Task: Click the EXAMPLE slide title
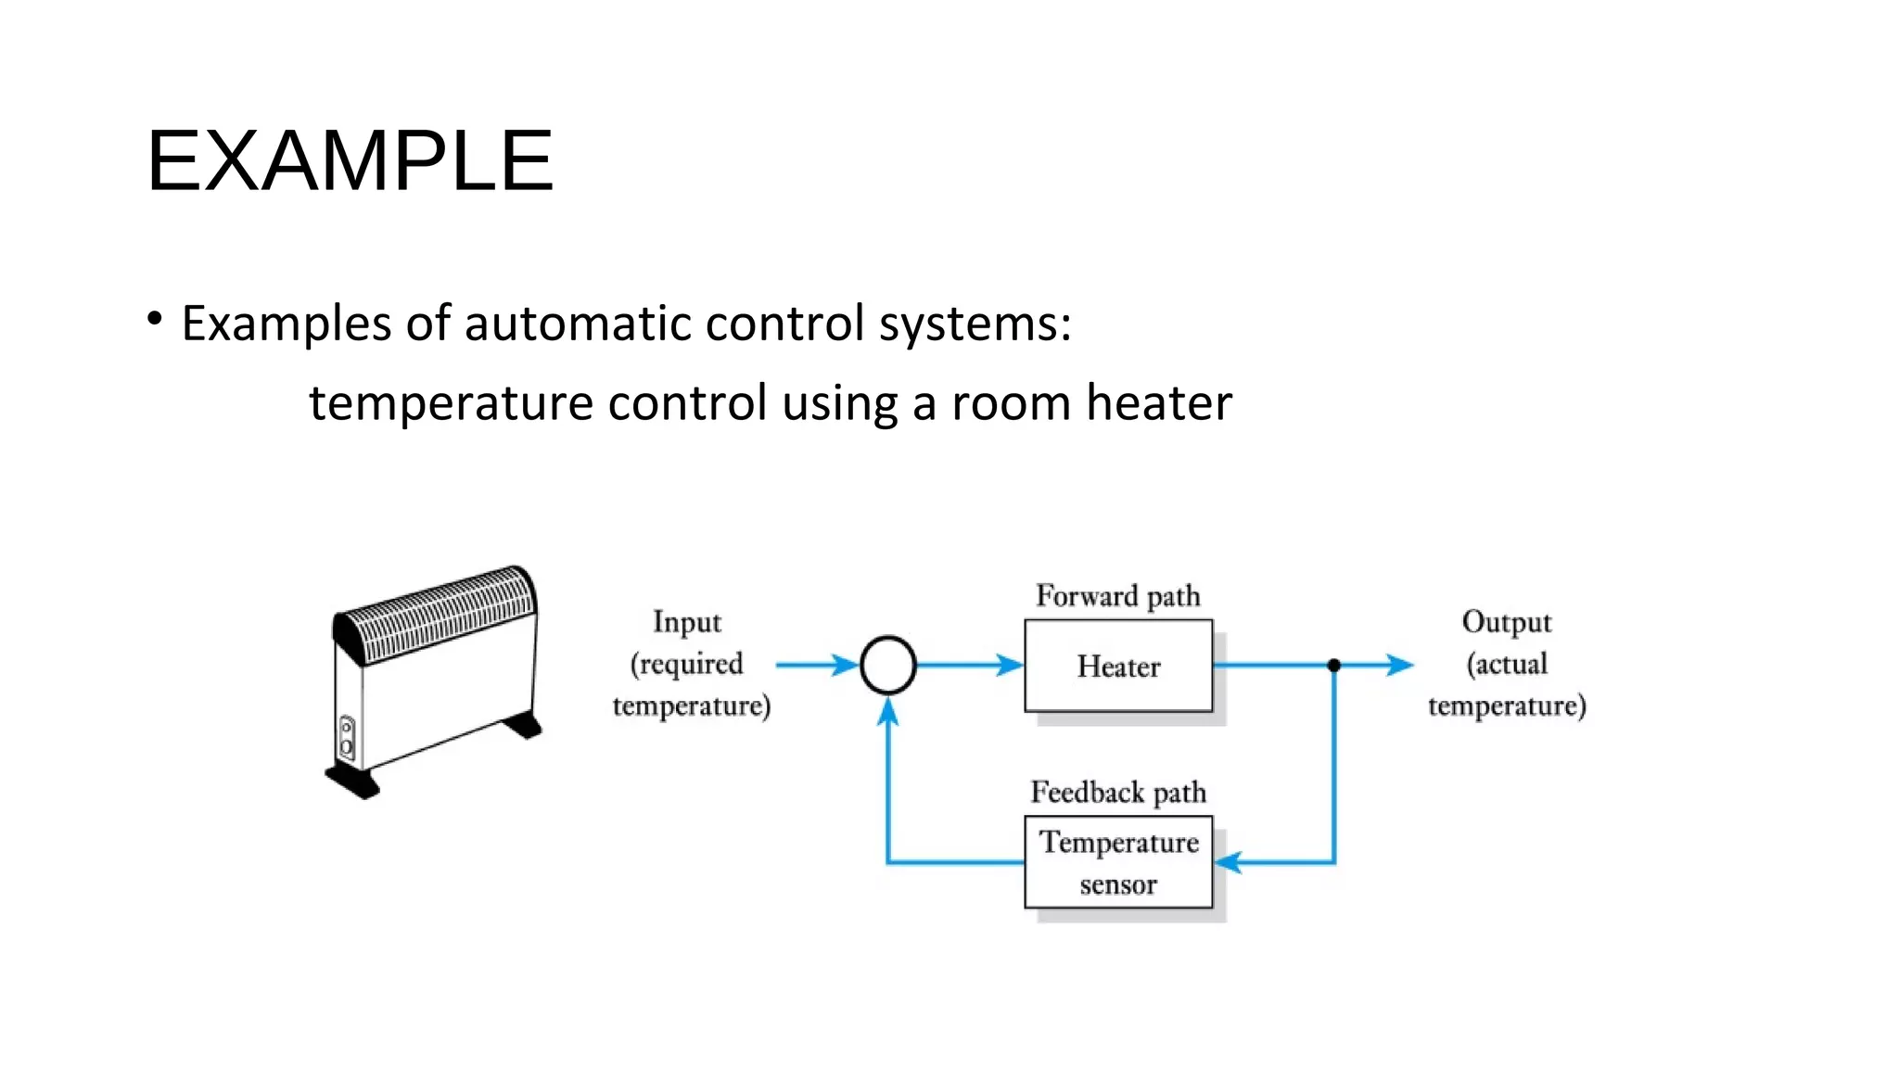[x=350, y=161]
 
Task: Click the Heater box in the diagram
[x=1117, y=666]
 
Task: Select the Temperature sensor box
[x=1117, y=862]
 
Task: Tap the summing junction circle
[x=887, y=665]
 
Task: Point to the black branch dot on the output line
[x=1333, y=665]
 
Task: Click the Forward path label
[x=1117, y=595]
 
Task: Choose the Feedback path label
[x=1117, y=793]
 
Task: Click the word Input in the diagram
[x=686, y=622]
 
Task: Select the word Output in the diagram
[x=1506, y=622]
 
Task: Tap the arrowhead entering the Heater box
[x=1010, y=665]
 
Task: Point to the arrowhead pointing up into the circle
[x=887, y=711]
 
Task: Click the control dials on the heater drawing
[x=347, y=738]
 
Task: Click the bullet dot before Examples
[x=155, y=319]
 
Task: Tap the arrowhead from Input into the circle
[x=845, y=665]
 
